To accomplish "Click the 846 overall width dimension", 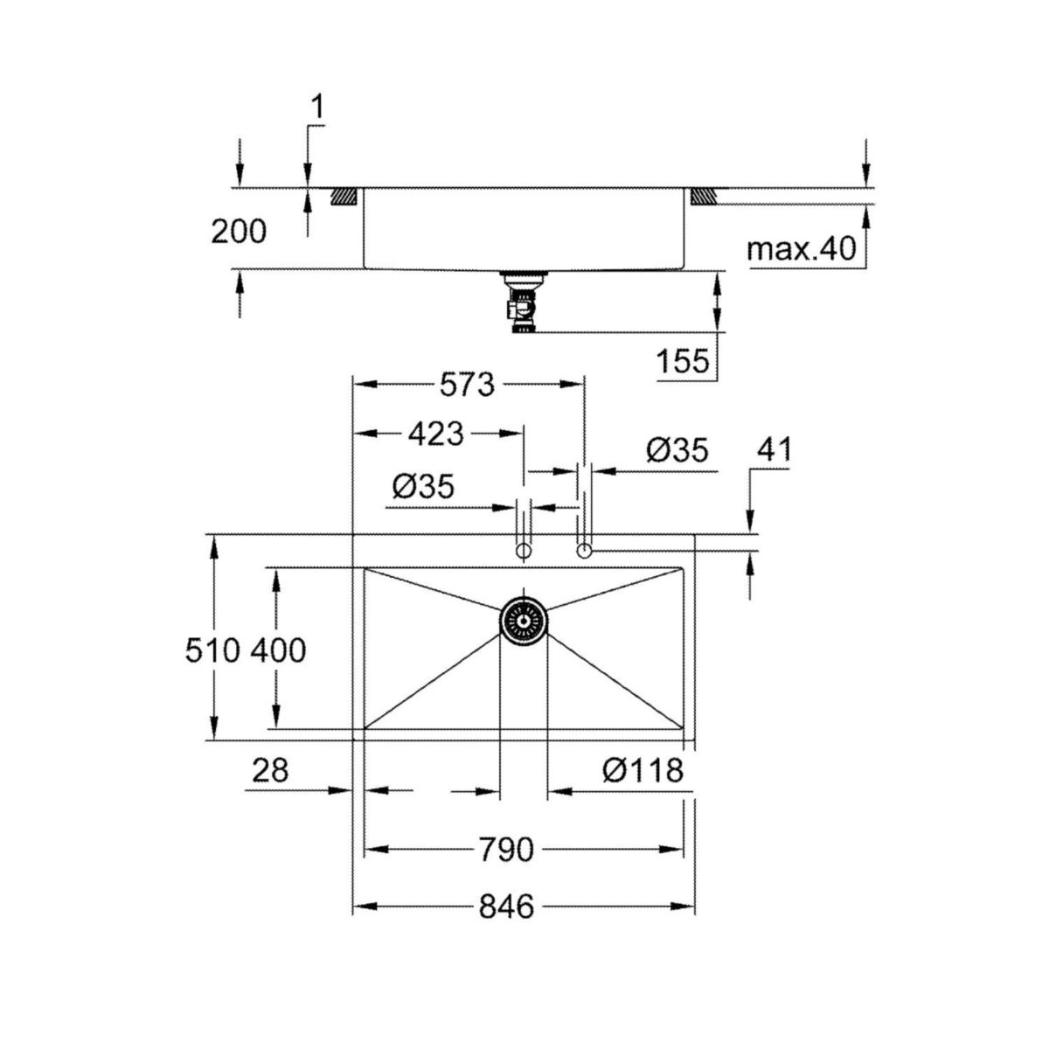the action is pyautogui.click(x=506, y=907).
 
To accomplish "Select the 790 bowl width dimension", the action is pyautogui.click(x=506, y=849).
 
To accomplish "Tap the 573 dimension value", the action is pyautogui.click(x=467, y=385).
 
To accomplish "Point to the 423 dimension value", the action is pyautogui.click(x=436, y=434).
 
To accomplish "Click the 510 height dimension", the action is pyautogui.click(x=212, y=650).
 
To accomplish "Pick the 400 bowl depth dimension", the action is pyautogui.click(x=278, y=650).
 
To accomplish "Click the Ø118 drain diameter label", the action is pyautogui.click(x=643, y=770).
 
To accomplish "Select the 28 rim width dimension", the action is pyautogui.click(x=270, y=770).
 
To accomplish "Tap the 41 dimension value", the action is pyautogui.click(x=774, y=450).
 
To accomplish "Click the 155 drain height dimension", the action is pyautogui.click(x=684, y=360).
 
